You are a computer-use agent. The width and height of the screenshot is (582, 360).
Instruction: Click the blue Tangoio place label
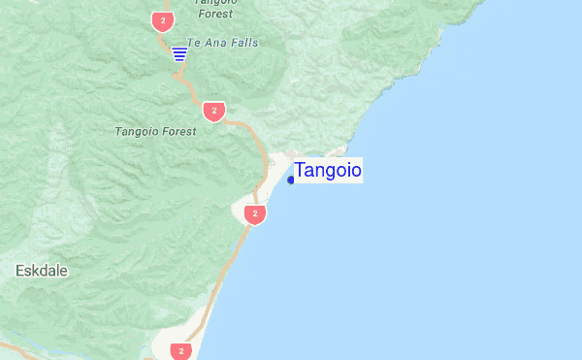click(328, 171)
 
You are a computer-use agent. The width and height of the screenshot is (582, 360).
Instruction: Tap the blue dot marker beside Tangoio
click(291, 180)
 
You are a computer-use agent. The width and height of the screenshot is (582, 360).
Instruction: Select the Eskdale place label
click(42, 271)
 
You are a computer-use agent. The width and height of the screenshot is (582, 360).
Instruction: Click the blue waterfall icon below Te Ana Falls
click(179, 53)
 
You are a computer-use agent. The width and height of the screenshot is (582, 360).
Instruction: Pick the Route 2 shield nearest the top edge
click(161, 19)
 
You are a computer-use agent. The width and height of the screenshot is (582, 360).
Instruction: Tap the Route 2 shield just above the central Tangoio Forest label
click(214, 111)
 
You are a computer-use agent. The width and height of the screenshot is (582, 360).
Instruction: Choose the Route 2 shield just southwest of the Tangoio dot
click(254, 213)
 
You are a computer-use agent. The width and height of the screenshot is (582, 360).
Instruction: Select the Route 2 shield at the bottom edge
click(180, 350)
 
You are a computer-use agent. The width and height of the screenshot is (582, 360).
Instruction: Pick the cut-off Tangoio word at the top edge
click(213, 3)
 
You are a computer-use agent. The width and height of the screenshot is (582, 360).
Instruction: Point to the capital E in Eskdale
click(20, 271)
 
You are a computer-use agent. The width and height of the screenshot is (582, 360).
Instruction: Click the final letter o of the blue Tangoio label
click(355, 171)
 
